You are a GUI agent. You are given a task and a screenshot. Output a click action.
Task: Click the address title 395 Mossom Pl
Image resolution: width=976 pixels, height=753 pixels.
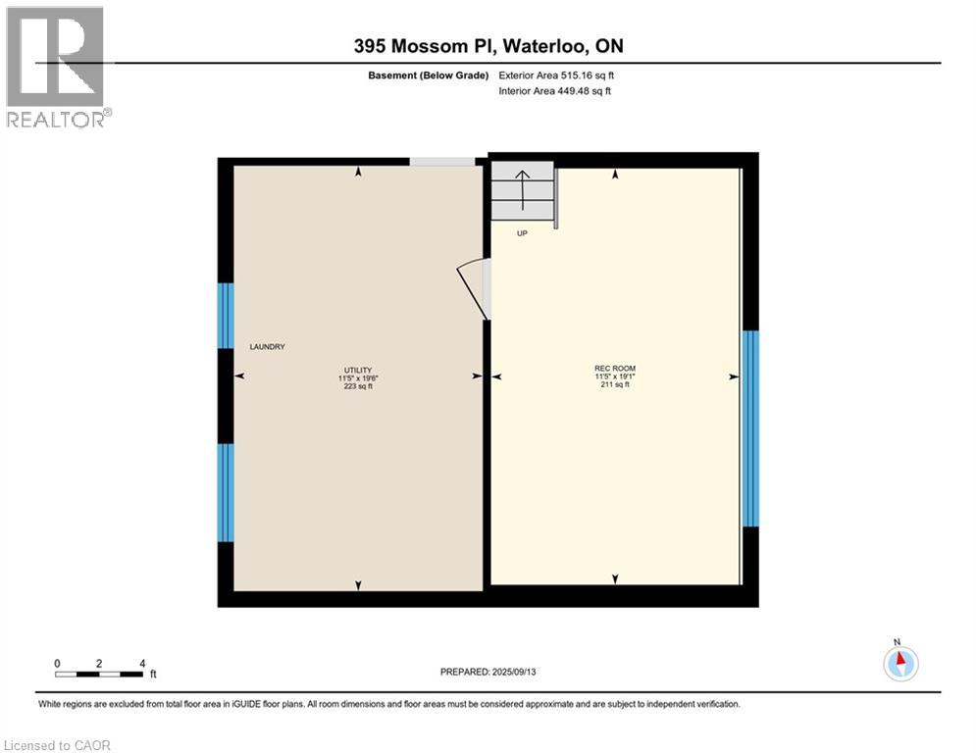tap(488, 46)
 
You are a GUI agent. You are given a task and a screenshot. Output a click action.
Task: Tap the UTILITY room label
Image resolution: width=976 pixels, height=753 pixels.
tap(357, 368)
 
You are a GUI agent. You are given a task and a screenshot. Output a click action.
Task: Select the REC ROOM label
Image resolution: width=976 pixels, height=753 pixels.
tap(615, 368)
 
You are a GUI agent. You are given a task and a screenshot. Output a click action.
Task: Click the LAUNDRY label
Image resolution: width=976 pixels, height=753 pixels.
tap(267, 347)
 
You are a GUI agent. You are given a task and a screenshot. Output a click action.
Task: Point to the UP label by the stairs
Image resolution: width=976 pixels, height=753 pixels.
tap(522, 233)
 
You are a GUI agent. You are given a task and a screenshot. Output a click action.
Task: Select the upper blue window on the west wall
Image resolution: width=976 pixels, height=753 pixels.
tap(226, 316)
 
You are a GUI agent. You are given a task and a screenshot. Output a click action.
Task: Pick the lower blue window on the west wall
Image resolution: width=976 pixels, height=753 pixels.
tap(226, 492)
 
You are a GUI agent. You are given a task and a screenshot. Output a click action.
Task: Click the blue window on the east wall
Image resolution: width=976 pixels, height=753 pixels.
tap(750, 428)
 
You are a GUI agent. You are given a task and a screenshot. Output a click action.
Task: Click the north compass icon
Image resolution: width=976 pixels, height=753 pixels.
tap(899, 663)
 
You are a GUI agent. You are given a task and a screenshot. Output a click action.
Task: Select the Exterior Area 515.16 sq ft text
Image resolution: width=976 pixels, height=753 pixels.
tap(556, 75)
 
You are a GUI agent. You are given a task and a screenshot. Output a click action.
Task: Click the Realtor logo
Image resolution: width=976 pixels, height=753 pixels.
tap(55, 67)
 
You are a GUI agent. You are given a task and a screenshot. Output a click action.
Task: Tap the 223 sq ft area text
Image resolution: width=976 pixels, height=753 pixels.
tap(357, 386)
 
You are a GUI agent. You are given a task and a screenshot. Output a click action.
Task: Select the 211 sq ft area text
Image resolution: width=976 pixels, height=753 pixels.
tap(615, 384)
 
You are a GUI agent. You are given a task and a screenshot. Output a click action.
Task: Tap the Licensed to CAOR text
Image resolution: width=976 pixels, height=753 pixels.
tap(58, 745)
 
